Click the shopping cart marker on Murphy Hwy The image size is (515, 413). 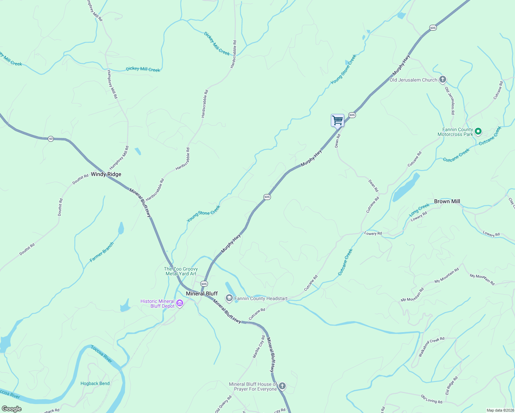click(x=337, y=121)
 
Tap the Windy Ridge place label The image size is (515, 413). click(x=106, y=174)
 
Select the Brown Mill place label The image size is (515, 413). click(x=447, y=201)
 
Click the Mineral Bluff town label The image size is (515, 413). click(x=202, y=294)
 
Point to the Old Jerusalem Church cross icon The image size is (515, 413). click(x=443, y=80)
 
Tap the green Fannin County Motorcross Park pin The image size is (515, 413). click(x=478, y=131)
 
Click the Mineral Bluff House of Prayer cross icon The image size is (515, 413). click(x=282, y=386)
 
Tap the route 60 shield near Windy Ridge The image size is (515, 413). click(x=51, y=139)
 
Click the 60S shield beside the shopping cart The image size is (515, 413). click(x=352, y=115)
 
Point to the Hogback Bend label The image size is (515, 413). click(x=95, y=383)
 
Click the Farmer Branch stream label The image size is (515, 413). click(x=102, y=252)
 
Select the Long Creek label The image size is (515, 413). click(x=419, y=210)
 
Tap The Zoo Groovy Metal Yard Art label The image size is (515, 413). click(x=181, y=271)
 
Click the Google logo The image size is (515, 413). click(x=12, y=409)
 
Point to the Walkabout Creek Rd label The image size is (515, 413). click(x=431, y=347)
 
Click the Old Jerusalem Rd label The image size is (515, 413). click(x=450, y=100)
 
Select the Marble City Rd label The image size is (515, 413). click(x=259, y=347)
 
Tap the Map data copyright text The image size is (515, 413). click(x=500, y=410)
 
